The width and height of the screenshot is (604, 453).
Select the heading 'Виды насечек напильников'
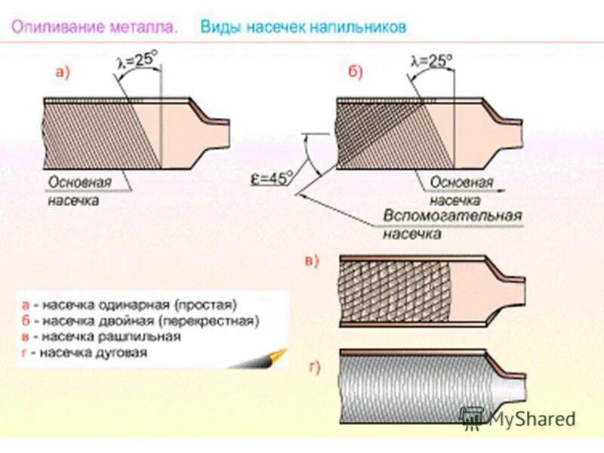tap(304, 28)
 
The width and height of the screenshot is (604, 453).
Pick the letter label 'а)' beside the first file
tap(63, 72)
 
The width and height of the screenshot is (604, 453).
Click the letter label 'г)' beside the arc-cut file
tap(314, 368)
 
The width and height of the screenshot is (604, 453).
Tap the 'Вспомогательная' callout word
tap(452, 217)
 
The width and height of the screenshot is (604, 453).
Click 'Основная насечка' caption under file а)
tap(79, 192)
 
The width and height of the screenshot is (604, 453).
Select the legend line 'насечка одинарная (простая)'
tap(134, 305)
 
